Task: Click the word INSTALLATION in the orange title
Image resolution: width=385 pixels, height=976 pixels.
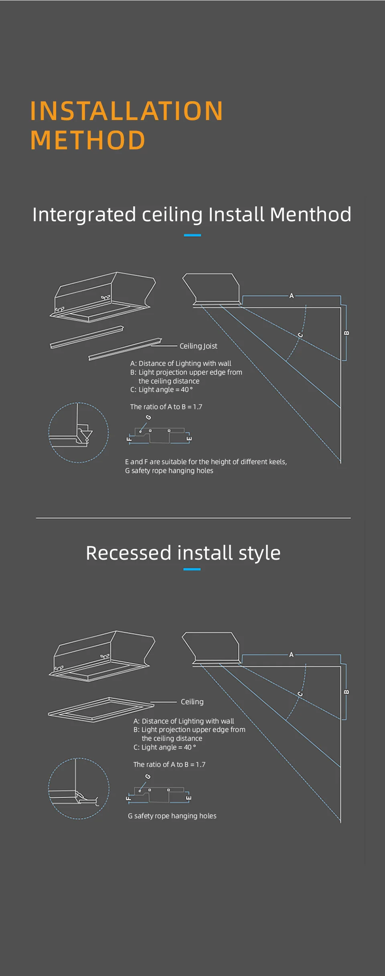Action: point(126,111)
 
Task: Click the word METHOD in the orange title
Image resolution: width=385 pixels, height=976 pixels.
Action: point(87,140)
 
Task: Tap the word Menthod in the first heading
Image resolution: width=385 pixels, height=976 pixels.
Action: point(310,214)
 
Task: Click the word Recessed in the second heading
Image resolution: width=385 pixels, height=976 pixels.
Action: point(128,553)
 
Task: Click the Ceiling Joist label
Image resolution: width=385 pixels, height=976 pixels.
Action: point(198,346)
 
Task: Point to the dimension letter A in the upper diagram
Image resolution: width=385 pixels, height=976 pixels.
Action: point(292,296)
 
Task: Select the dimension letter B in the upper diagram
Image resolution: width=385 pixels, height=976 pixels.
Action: point(346,333)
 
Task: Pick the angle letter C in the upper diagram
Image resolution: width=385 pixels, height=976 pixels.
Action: point(300,335)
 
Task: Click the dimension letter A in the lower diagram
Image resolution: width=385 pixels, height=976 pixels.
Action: point(292,655)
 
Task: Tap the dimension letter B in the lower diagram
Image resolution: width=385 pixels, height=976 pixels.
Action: point(346,692)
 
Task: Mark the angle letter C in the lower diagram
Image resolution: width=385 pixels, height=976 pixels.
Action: point(300,694)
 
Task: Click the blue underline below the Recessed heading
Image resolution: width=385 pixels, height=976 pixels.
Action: point(192,569)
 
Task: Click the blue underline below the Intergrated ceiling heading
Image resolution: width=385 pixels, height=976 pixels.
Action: point(192,235)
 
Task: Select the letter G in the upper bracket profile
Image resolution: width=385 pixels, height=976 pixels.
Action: point(148,418)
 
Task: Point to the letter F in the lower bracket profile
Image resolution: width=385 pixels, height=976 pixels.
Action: point(129,798)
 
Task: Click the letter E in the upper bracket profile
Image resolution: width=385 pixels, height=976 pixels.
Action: point(189,438)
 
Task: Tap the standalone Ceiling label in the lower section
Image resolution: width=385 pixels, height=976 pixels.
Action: point(192,702)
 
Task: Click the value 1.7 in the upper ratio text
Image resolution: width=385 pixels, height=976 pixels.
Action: point(197,407)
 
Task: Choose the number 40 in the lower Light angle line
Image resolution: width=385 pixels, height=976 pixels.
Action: point(188,747)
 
